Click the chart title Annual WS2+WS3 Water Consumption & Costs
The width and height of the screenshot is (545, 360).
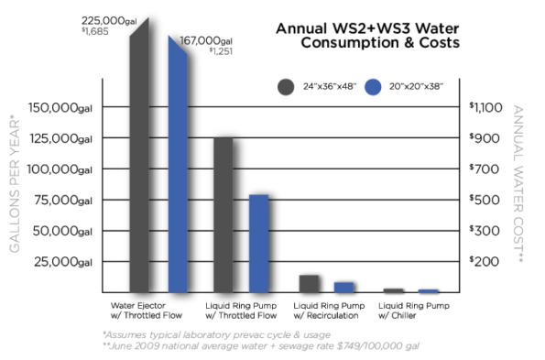367,35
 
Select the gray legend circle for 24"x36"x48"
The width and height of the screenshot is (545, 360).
286,87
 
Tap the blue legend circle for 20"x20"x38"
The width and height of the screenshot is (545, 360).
372,87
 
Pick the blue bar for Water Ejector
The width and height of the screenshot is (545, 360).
179,165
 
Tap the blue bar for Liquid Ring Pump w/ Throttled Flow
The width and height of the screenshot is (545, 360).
259,242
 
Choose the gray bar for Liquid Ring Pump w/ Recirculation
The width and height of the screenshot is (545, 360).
310,282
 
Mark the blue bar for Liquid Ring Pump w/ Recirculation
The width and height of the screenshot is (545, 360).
343,286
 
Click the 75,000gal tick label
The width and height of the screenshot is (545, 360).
64,201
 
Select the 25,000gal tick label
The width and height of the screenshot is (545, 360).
64,262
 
